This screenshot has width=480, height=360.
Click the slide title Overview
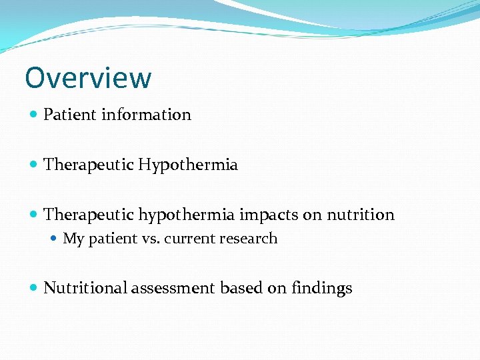click(x=88, y=77)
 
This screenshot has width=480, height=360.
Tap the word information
click(x=146, y=115)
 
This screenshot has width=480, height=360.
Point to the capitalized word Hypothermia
click(x=188, y=165)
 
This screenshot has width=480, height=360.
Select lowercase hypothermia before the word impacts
click(x=187, y=215)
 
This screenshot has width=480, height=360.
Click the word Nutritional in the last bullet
click(x=85, y=288)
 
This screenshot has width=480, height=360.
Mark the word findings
click(x=322, y=288)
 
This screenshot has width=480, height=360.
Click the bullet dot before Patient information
click(x=34, y=115)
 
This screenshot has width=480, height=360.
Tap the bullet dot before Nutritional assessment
click(x=34, y=289)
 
